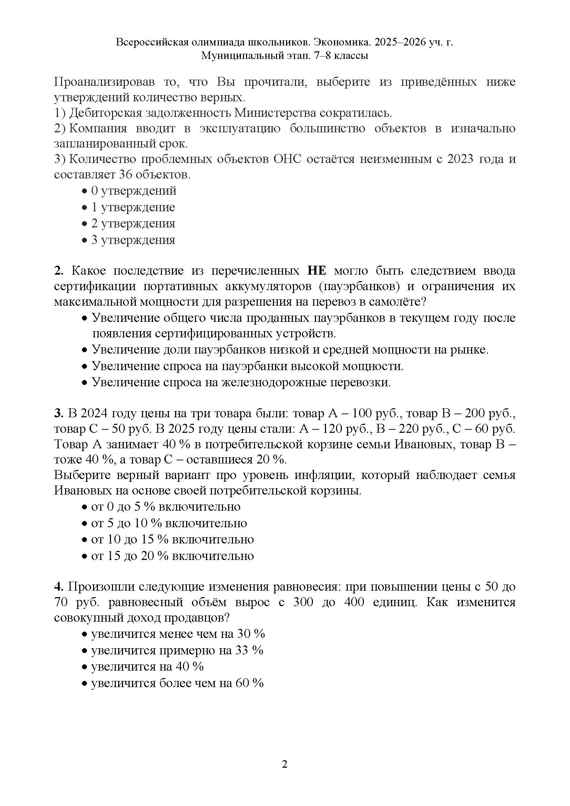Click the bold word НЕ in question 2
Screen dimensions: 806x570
(x=317, y=271)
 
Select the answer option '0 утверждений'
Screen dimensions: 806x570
(x=133, y=191)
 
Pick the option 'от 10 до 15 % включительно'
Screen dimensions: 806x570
(x=172, y=539)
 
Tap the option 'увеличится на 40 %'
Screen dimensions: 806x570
(x=147, y=667)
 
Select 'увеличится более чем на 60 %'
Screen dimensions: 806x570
(x=177, y=683)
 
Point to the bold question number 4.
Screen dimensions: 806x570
(x=58, y=586)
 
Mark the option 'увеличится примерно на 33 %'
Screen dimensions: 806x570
(x=177, y=651)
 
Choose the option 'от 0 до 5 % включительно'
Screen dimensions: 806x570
(x=165, y=507)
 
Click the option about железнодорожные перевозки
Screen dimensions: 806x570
(x=241, y=382)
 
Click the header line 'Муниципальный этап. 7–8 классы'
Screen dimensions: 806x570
(x=285, y=56)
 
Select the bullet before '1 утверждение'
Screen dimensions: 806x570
(x=84, y=208)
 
